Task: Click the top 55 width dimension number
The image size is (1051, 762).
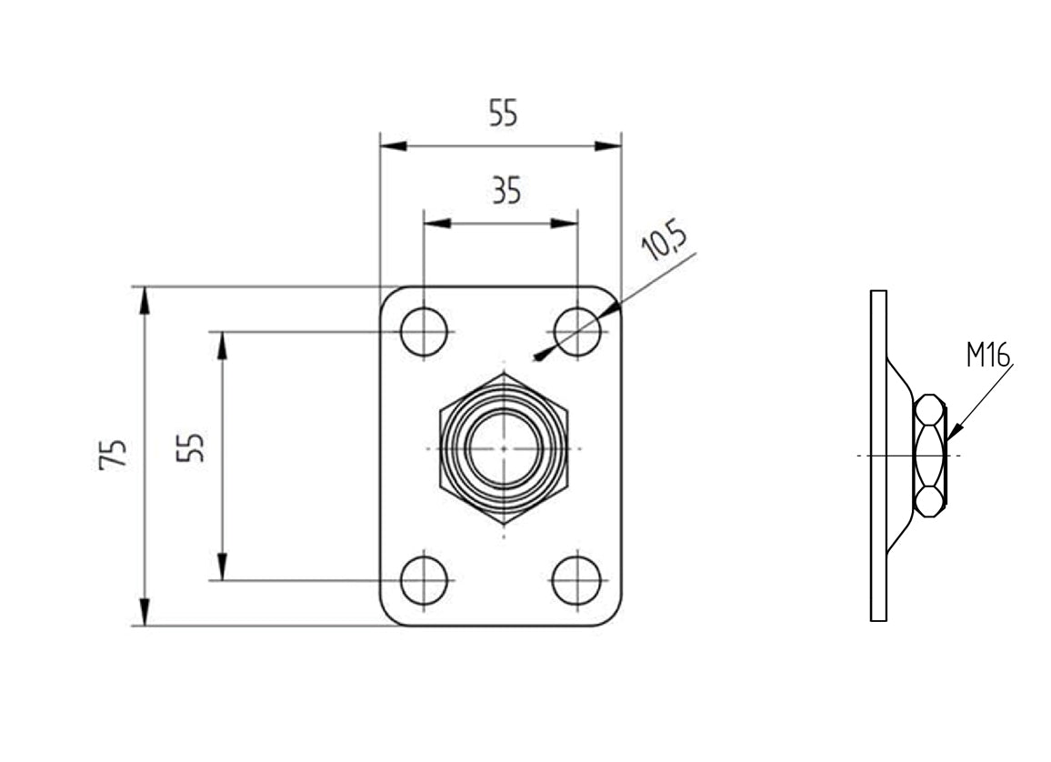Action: (503, 115)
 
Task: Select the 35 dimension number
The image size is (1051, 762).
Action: (506, 192)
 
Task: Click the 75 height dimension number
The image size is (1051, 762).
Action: (115, 454)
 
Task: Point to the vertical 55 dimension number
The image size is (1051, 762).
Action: (191, 446)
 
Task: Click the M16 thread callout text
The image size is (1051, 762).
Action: (987, 355)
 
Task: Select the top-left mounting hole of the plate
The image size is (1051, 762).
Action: (424, 331)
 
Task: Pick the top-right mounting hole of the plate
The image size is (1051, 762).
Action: (577, 331)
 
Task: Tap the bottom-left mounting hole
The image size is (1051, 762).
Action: (424, 579)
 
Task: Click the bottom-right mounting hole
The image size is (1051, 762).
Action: (577, 579)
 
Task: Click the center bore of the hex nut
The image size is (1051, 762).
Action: (503, 448)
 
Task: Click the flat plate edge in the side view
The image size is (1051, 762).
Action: (878, 455)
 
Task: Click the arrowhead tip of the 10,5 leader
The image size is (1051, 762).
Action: (538, 358)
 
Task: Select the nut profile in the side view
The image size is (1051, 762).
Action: (929, 455)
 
